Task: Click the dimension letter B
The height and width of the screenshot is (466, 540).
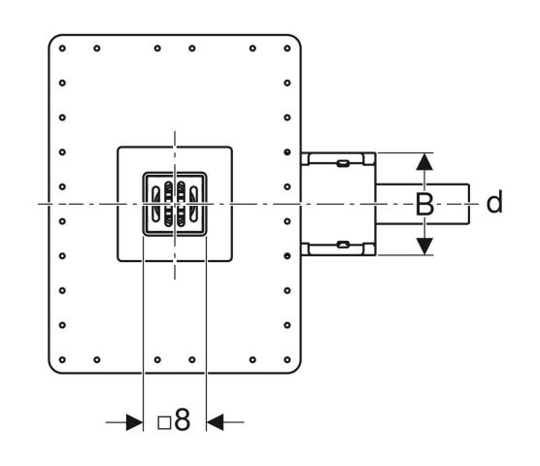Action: tap(424, 205)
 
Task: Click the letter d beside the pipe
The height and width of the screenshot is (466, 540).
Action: tap(494, 202)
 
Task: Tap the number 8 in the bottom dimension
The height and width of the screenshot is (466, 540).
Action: tap(182, 419)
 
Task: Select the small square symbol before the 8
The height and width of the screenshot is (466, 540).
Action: tap(164, 423)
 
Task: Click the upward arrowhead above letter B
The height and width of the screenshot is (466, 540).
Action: tap(424, 161)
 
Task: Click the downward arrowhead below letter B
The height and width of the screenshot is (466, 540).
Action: tap(424, 247)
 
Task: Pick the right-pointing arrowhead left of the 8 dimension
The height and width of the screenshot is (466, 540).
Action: tap(134, 422)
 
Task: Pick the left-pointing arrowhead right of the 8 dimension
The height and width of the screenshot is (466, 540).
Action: tap(215, 422)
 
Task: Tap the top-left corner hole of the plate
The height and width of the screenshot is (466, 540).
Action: tap(62, 49)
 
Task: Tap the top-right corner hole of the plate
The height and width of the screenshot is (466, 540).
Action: tap(287, 49)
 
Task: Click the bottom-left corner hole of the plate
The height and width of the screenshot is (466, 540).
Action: tap(62, 359)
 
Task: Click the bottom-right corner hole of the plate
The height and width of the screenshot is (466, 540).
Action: tap(287, 359)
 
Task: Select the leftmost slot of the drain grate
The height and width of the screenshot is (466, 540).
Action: tap(156, 204)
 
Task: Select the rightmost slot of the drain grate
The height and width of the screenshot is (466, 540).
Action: tap(194, 204)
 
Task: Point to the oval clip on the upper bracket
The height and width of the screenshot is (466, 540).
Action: tap(343, 163)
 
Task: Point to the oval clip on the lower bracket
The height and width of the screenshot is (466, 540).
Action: tap(343, 245)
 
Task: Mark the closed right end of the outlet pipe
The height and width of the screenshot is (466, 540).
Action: tap(469, 204)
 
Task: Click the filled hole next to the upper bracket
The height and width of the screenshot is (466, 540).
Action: tap(287, 152)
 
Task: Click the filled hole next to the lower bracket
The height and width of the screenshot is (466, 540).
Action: tap(287, 255)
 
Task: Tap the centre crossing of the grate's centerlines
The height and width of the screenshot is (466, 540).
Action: tap(175, 204)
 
